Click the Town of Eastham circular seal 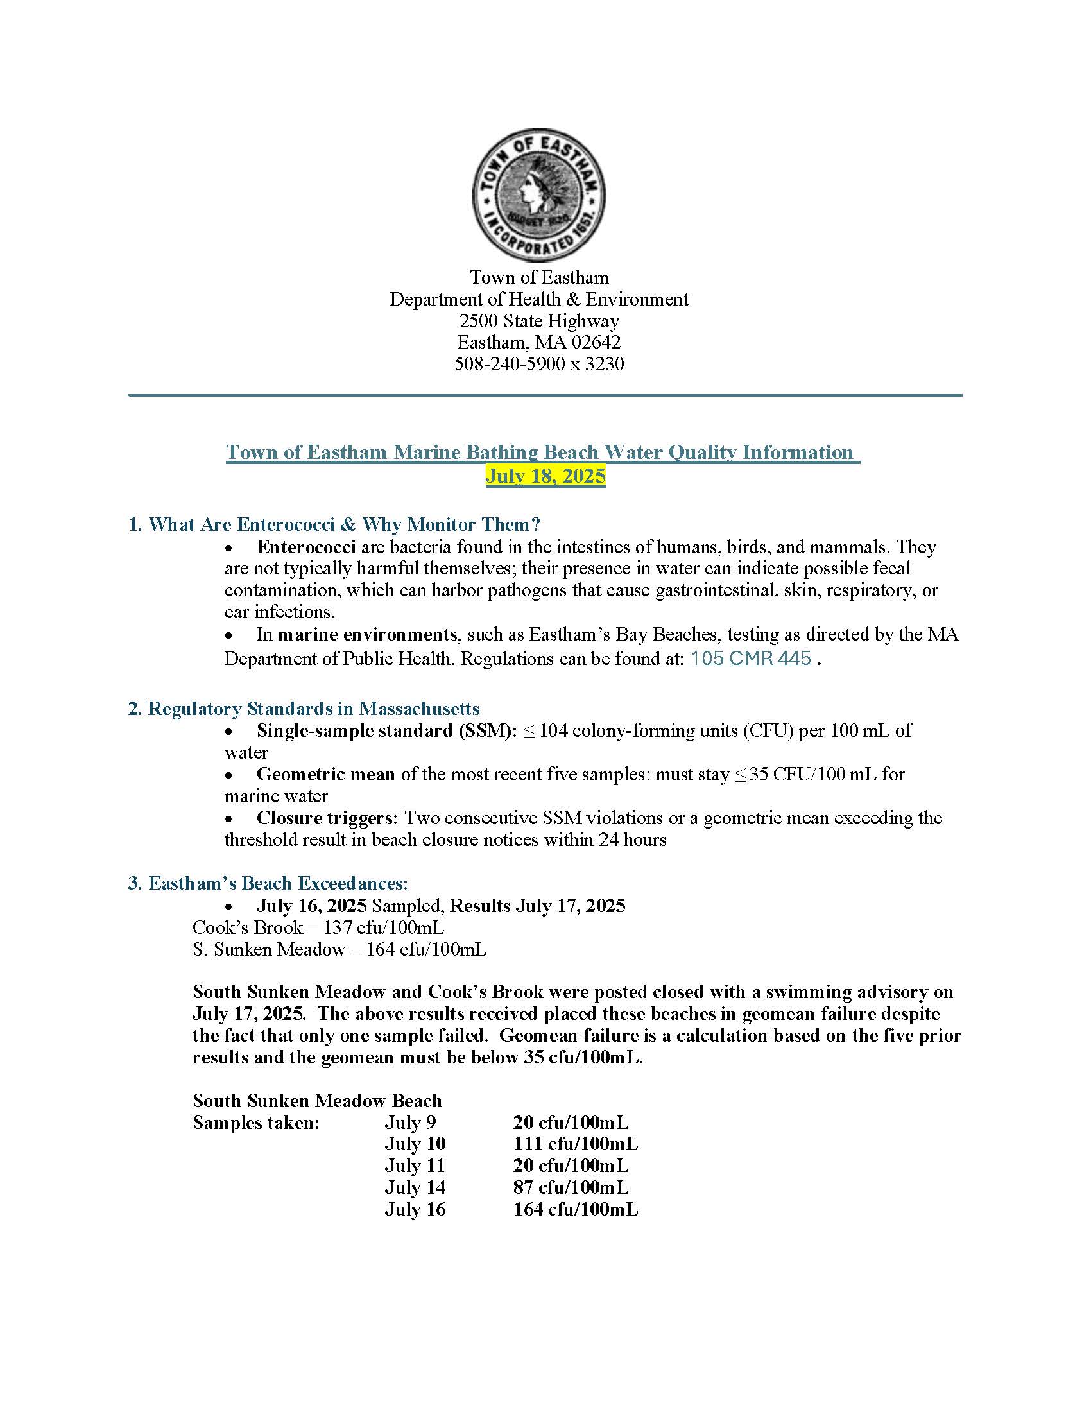pos(539,194)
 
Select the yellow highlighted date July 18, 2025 pos(545,476)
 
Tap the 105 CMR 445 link pos(750,658)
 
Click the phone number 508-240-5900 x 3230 pos(539,364)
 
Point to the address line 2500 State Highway pos(539,321)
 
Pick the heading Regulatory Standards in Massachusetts pos(313,708)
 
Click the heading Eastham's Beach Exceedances pos(278,882)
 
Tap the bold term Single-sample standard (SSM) pos(386,730)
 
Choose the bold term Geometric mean pos(325,774)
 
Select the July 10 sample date pos(415,1144)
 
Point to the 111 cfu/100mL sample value pos(575,1144)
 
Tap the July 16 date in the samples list pos(415,1209)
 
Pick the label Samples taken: pos(256,1123)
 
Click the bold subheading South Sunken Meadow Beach pos(316,1100)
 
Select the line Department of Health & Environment pos(539,298)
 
